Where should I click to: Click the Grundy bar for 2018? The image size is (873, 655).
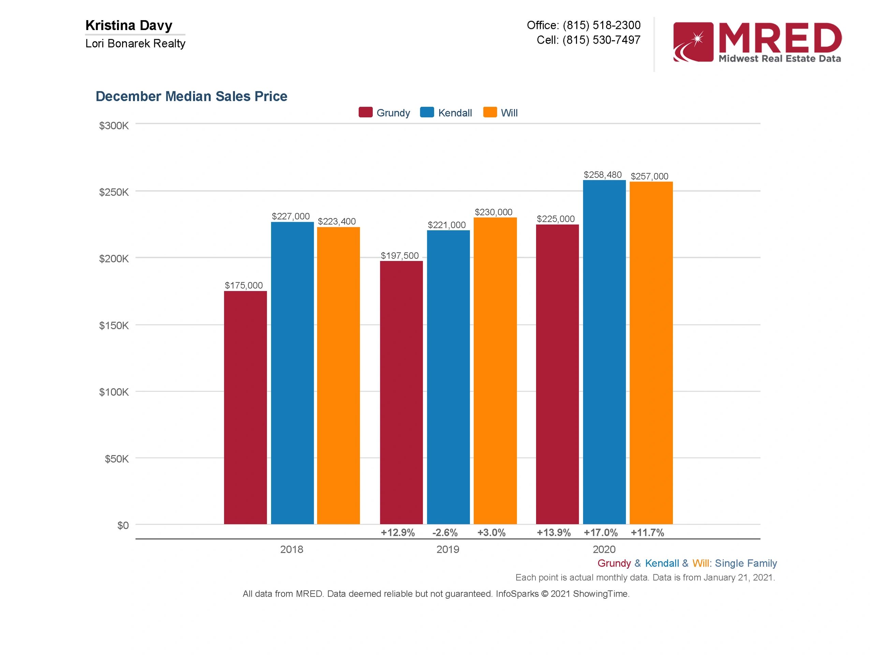tap(245, 407)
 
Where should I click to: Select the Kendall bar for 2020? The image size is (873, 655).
tap(604, 352)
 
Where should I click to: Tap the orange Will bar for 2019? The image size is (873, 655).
tap(495, 371)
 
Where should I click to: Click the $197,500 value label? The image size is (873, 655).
tap(399, 256)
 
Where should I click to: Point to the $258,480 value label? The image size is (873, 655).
tap(603, 175)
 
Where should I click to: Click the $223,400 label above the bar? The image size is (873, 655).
tap(337, 221)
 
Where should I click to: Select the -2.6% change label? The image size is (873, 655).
tap(445, 533)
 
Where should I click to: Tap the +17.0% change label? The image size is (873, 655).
tap(600, 533)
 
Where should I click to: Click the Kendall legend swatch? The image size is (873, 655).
tap(427, 113)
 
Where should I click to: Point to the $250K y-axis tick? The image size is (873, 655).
tap(114, 192)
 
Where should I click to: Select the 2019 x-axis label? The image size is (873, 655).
tap(447, 549)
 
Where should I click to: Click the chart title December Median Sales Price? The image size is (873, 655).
tap(191, 96)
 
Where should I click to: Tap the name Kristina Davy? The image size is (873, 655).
tap(129, 25)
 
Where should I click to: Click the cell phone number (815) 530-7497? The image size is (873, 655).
tap(601, 40)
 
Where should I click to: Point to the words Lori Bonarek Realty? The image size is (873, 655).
tap(135, 43)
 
